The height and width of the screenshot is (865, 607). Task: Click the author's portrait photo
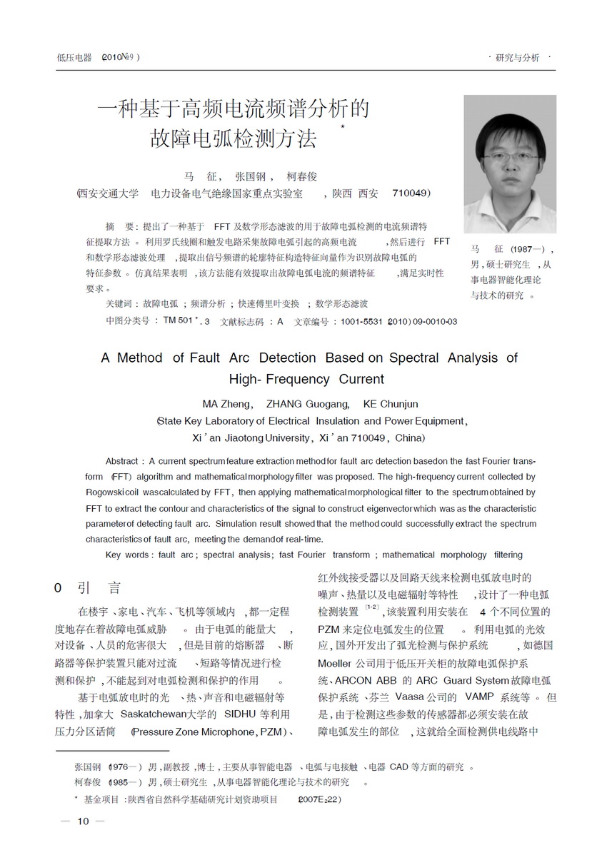[x=509, y=164]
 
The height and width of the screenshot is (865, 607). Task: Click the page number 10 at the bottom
[x=83, y=821]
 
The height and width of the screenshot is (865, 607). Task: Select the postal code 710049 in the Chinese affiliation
[x=410, y=193]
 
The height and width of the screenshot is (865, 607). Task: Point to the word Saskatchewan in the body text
[x=154, y=714]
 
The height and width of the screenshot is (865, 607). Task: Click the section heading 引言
[x=100, y=588]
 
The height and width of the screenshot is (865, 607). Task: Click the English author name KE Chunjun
[x=391, y=403]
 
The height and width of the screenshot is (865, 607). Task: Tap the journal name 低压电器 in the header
[x=74, y=58]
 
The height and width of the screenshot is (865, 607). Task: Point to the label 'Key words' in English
[x=126, y=555]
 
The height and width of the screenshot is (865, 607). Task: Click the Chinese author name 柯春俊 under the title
[x=301, y=176]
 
